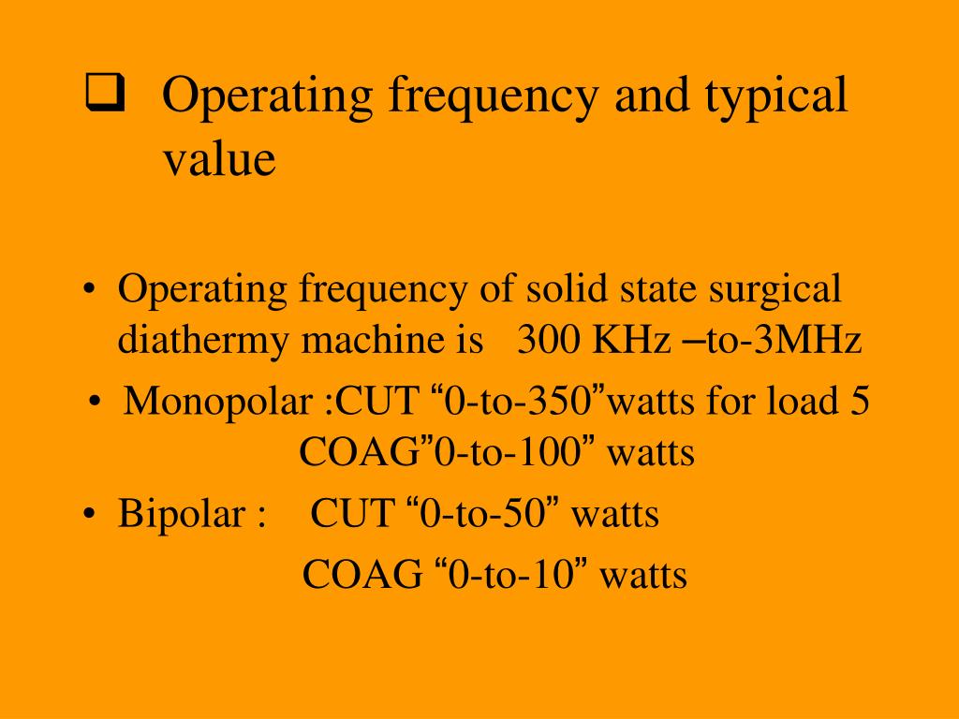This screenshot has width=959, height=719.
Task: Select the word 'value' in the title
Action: (x=219, y=158)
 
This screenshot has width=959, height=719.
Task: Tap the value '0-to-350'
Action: (x=520, y=403)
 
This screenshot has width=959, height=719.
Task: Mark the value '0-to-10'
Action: (x=511, y=574)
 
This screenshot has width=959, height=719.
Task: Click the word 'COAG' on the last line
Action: (x=361, y=574)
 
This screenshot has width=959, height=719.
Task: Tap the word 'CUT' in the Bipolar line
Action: (x=353, y=515)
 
